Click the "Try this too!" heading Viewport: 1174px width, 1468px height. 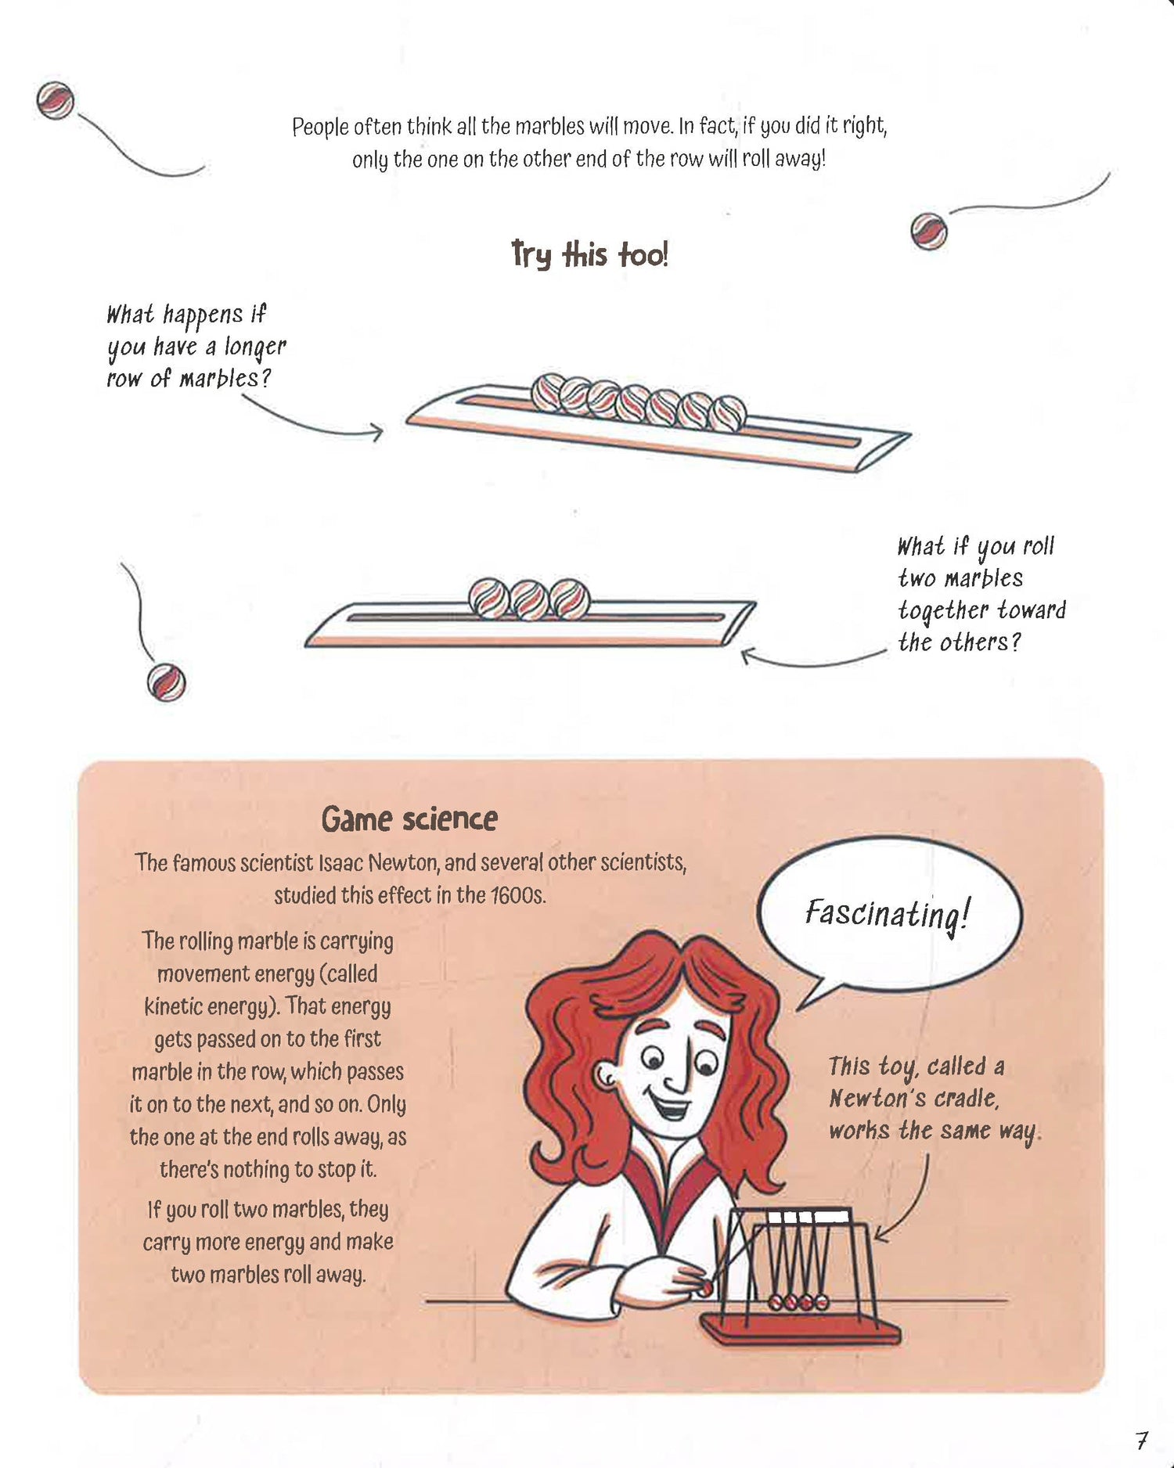(x=589, y=254)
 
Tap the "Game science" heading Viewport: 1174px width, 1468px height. (x=409, y=819)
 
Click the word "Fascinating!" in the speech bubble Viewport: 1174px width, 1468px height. (x=888, y=913)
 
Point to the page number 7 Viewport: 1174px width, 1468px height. (x=1142, y=1439)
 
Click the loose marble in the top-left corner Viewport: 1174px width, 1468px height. (x=56, y=100)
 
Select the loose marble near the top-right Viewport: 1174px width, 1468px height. (x=929, y=232)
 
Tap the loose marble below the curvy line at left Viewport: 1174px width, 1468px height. (x=166, y=682)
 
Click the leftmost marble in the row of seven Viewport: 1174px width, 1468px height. (x=550, y=392)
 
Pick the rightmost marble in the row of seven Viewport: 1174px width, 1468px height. (x=727, y=412)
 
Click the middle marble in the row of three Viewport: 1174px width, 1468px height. (x=530, y=599)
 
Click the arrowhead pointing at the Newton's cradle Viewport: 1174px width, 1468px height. (x=881, y=1236)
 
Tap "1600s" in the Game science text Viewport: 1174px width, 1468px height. (x=519, y=895)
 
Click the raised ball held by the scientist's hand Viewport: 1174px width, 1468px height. (x=706, y=1287)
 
